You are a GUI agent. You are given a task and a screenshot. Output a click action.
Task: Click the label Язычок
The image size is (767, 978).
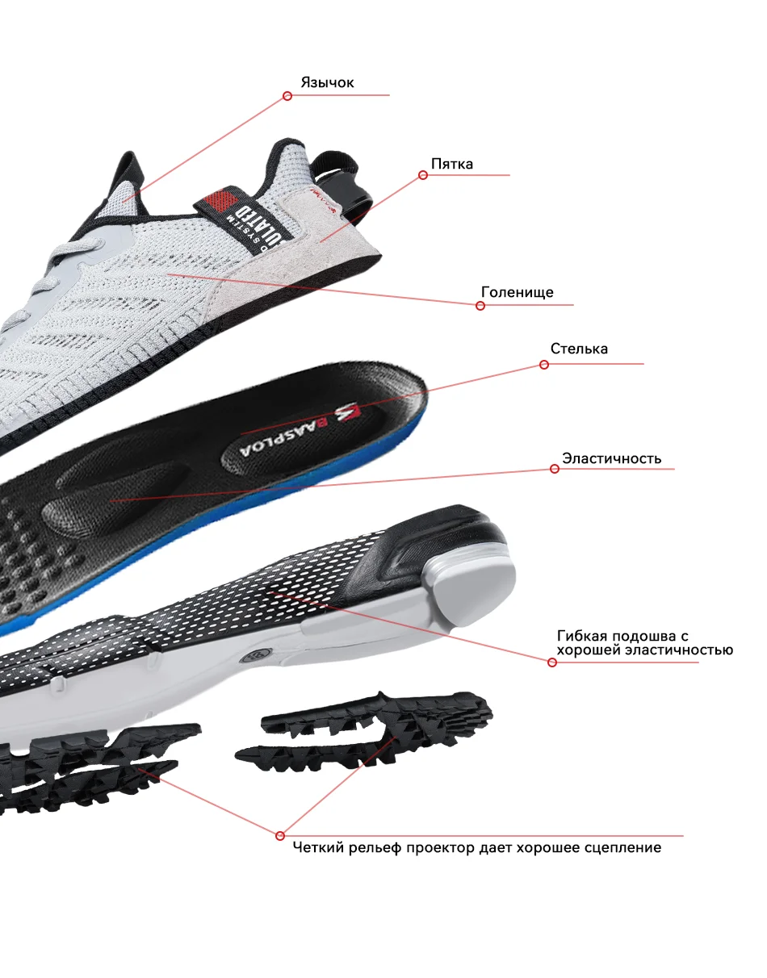click(327, 82)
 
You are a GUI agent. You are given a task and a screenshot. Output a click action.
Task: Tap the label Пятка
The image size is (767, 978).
click(451, 164)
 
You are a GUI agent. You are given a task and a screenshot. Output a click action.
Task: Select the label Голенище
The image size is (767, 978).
click(517, 292)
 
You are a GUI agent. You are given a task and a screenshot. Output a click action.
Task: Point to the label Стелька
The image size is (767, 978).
click(579, 349)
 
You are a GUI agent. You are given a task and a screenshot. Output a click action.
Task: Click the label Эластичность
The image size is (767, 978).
click(611, 458)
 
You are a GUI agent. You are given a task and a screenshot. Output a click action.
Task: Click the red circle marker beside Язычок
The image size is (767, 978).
click(287, 96)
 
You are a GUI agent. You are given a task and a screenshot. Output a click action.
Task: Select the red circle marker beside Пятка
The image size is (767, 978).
click(422, 175)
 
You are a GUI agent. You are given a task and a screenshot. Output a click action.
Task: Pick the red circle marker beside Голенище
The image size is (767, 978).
click(480, 306)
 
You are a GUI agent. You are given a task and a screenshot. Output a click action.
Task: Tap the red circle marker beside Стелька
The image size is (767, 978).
click(543, 365)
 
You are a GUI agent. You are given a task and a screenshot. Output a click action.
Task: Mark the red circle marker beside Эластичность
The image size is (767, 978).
click(554, 469)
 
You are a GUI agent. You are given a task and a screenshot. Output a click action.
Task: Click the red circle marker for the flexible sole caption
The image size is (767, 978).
click(552, 662)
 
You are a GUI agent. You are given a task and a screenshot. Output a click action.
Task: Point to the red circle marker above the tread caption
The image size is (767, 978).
click(280, 835)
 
